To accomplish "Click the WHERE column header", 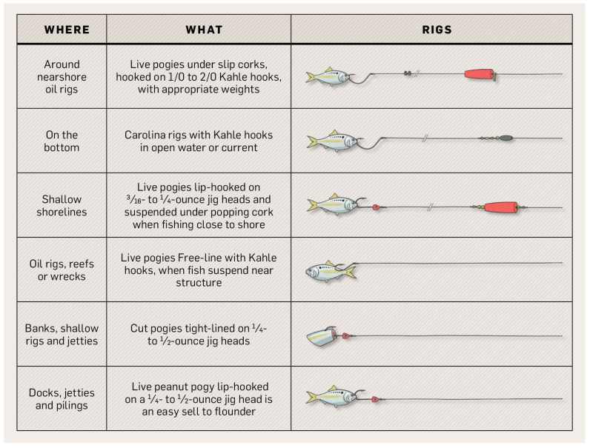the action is (67, 30).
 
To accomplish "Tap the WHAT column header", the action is (205, 30).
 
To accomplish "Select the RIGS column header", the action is (437, 30).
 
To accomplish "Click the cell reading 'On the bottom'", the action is (62, 141).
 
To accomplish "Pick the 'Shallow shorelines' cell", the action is (62, 206).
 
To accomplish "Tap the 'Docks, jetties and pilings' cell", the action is (62, 399).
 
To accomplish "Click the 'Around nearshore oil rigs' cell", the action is (62, 77).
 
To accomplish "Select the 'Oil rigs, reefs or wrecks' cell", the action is (62, 270).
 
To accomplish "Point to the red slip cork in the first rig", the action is (480, 74).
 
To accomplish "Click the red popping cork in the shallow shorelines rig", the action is (500, 207).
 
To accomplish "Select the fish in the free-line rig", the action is (331, 271).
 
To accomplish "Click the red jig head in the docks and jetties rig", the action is (375, 399).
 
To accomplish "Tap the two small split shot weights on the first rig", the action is (408, 73).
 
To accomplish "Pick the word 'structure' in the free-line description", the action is (199, 283).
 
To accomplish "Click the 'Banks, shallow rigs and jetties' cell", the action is (62, 335).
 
